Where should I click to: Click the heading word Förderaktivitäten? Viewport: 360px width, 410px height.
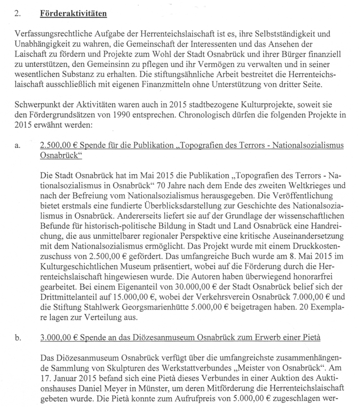73,14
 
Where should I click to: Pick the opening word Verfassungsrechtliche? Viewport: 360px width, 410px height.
50,34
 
